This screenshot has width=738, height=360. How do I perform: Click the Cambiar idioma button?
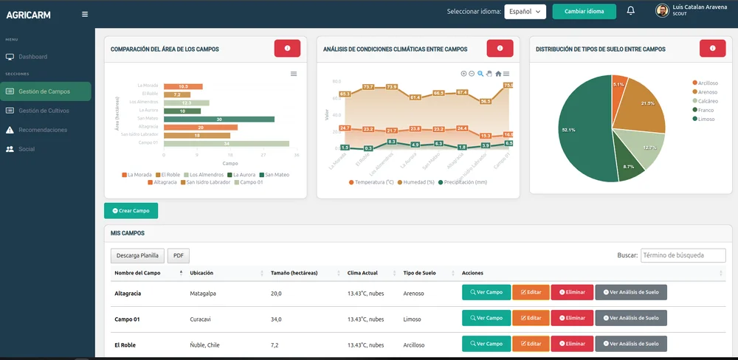tap(584, 11)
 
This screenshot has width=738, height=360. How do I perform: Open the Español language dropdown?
tap(525, 11)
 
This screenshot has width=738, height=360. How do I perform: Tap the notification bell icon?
tap(630, 10)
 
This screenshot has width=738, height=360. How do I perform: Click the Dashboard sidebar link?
tap(32, 57)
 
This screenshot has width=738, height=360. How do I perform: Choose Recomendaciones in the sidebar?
tap(43, 130)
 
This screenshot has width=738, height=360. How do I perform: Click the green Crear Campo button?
tap(131, 211)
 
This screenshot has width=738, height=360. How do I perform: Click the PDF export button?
tap(178, 256)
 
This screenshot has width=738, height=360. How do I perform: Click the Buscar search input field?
tap(683, 255)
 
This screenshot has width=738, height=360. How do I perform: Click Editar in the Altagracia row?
tap(529, 292)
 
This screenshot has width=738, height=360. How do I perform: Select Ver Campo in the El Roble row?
tap(485, 344)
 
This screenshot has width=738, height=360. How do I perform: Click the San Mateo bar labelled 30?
tap(218, 119)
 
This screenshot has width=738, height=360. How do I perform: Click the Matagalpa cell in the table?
tap(203, 293)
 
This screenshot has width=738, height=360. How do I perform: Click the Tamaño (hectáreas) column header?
tap(294, 273)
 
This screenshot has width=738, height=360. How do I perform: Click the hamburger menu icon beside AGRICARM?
tap(85, 14)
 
